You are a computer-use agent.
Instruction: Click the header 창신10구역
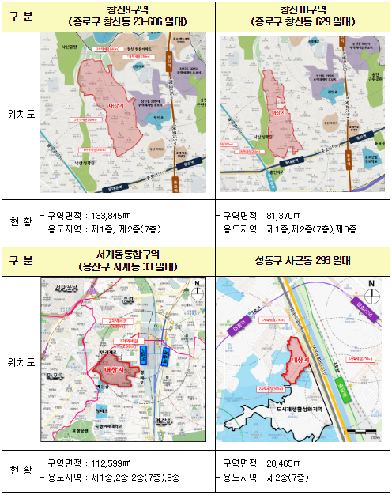point(304,9)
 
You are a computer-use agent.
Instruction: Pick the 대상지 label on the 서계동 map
point(116,368)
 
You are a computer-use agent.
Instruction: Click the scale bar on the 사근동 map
point(358,432)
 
